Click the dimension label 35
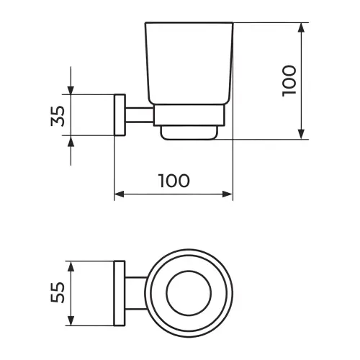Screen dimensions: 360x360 click(58, 116)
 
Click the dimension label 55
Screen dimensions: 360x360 click(58, 292)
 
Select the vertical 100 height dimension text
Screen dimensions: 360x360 click(289, 81)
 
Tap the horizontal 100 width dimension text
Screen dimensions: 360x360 click(174, 181)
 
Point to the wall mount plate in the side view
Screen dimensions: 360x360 click(120, 115)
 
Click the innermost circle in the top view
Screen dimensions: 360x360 click(189, 271)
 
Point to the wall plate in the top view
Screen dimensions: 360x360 click(120, 293)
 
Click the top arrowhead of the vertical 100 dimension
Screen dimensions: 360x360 click(301, 27)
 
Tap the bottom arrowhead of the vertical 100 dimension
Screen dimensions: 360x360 click(301, 134)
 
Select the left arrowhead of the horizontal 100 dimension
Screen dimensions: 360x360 click(120, 194)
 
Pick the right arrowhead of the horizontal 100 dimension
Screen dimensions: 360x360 click(228, 194)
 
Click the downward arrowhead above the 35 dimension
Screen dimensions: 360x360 click(71, 90)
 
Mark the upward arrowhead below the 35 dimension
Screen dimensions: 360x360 click(71, 140)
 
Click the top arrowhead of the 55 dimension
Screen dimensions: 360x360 click(71, 266)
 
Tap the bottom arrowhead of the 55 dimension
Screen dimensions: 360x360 click(71, 320)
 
